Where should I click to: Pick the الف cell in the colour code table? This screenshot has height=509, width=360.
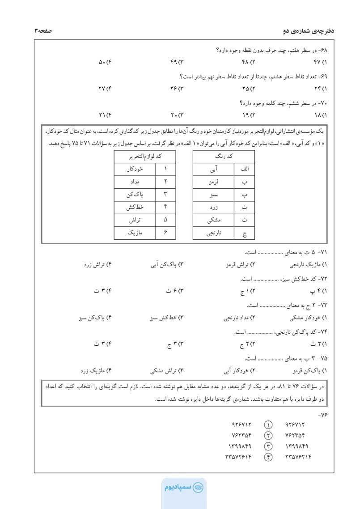[244, 169]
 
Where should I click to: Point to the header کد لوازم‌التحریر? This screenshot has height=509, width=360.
[145, 157]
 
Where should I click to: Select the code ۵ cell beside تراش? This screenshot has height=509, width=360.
[165, 220]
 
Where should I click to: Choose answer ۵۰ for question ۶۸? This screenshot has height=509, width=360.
[104, 61]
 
